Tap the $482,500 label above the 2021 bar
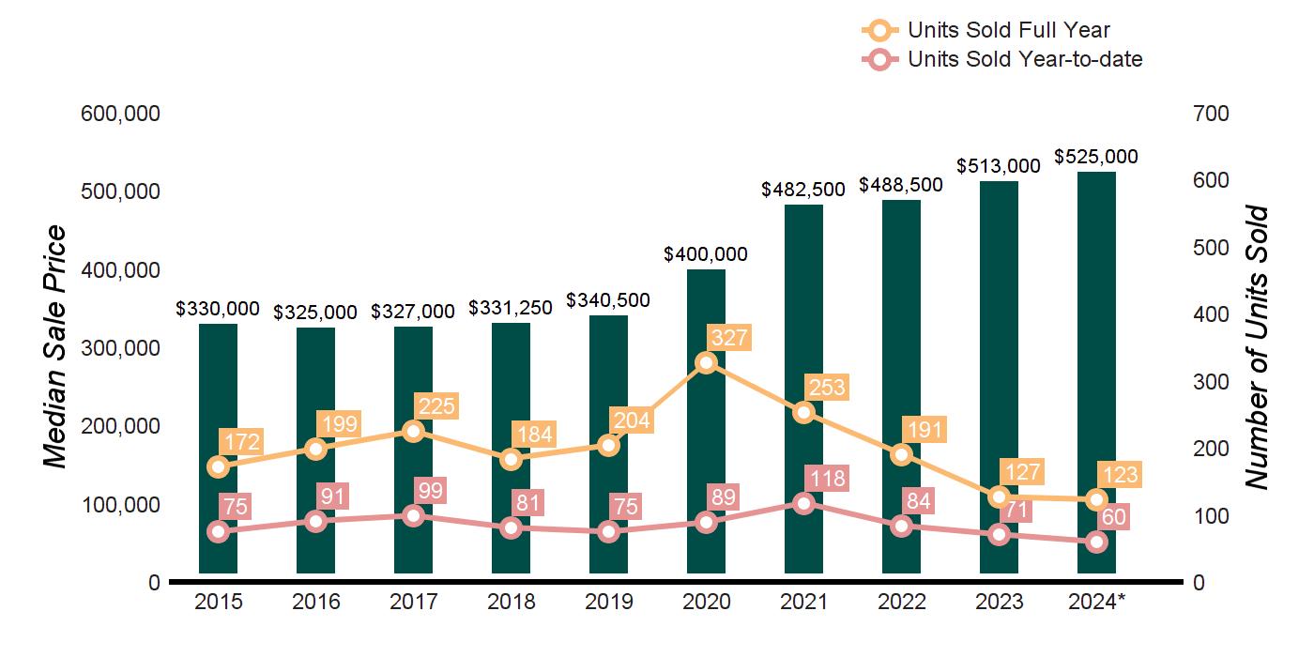tap(803, 190)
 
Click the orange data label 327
tap(728, 338)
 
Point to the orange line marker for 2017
tap(414, 431)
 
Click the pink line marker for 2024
tap(1096, 542)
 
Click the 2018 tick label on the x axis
tap(512, 602)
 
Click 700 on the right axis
tap(1210, 114)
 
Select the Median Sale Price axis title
tap(56, 347)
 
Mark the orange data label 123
tap(1119, 475)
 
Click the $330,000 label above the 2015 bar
tap(218, 309)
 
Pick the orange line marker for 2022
tap(901, 454)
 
